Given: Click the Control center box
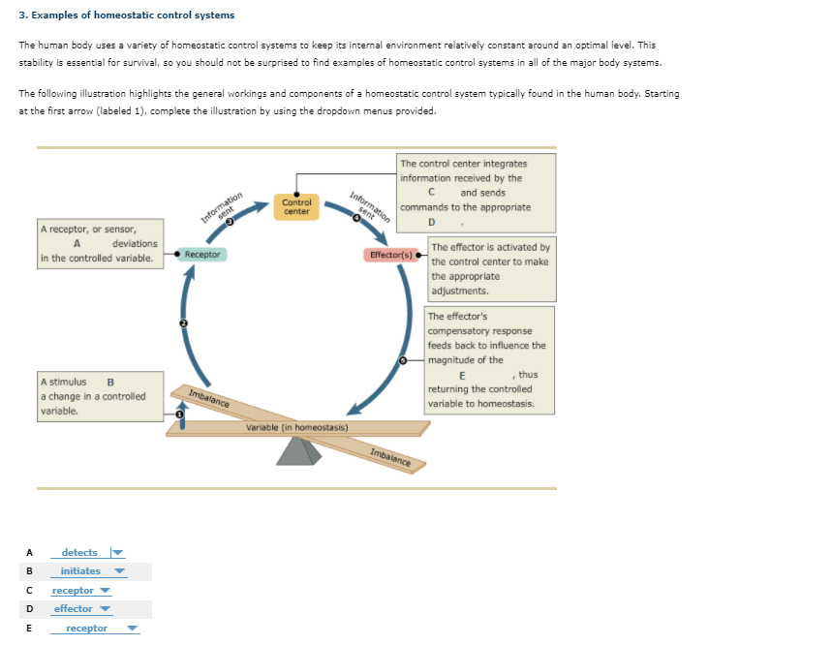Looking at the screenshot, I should [296, 206].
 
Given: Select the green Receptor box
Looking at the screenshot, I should [202, 255].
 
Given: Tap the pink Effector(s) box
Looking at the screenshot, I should [390, 256].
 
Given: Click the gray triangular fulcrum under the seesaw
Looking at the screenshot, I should [299, 451].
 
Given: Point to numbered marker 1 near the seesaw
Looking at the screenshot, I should [178, 414].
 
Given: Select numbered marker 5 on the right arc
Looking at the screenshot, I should [405, 360].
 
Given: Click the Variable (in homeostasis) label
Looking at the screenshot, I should [296, 427].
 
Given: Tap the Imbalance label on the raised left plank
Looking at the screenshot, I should [209, 398].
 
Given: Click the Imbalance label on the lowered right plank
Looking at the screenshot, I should [390, 459].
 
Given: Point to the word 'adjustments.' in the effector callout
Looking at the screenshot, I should [460, 291].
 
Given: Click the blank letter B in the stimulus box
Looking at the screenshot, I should [110, 382].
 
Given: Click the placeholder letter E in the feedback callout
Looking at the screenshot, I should [462, 375].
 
